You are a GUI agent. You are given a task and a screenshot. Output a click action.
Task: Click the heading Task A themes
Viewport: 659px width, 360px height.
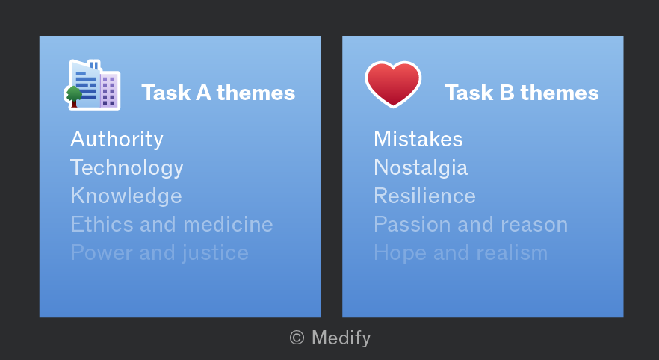(x=218, y=93)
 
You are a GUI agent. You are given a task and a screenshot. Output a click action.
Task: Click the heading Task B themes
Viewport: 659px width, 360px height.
(x=522, y=93)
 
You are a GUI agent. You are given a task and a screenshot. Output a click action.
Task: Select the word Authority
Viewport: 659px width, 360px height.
(x=117, y=140)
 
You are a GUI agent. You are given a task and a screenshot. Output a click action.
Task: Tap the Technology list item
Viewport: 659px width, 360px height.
(x=127, y=168)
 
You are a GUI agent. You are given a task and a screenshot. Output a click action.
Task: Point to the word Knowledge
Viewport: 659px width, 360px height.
(x=126, y=196)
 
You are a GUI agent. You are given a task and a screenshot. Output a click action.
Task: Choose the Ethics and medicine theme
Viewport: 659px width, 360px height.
(x=172, y=224)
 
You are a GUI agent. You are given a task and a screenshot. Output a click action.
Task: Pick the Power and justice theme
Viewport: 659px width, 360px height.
(x=159, y=253)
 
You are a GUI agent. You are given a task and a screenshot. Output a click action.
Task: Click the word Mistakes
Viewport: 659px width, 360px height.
(x=418, y=139)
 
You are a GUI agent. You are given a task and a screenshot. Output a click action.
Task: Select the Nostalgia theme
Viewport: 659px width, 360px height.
(x=421, y=168)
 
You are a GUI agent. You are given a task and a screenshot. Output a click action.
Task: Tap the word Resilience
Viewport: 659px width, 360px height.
(x=424, y=196)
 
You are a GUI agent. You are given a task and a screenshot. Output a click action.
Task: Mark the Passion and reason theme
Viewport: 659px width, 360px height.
(x=471, y=224)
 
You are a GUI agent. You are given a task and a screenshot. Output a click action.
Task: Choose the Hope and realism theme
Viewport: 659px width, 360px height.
(x=460, y=253)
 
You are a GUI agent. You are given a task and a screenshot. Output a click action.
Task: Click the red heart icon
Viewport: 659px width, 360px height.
(x=393, y=84)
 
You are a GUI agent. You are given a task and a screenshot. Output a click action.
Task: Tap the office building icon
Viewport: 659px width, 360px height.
(x=93, y=85)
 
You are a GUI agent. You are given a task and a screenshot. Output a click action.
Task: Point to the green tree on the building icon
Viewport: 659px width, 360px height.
(x=74, y=96)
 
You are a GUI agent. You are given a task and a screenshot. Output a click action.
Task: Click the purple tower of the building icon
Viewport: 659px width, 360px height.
(x=109, y=90)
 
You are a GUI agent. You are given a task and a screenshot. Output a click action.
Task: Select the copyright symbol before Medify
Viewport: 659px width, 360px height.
(x=297, y=338)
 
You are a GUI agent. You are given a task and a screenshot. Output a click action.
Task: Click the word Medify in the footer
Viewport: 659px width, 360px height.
(x=341, y=338)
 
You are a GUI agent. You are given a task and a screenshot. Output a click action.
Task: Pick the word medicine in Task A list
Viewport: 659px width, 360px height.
(x=228, y=224)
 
